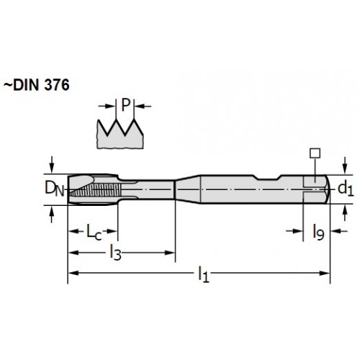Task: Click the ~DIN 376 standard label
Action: [37, 85]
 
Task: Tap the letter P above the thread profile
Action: [125, 105]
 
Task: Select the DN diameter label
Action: [55, 189]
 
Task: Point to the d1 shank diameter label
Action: [346, 189]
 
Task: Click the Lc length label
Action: [94, 232]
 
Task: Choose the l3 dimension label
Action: [115, 252]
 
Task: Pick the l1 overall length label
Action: [204, 274]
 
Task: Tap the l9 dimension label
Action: [318, 232]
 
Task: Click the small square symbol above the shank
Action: [315, 153]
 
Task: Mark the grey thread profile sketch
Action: [120, 135]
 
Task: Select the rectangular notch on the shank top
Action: [268, 177]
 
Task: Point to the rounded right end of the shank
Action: [328, 189]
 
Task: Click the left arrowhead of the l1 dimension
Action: [73, 273]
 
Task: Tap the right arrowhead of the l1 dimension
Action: [325, 273]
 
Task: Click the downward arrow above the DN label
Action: [52, 165]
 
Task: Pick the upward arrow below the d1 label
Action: [345, 213]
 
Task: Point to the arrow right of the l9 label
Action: [339, 231]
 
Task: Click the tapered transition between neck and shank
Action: [188, 189]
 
